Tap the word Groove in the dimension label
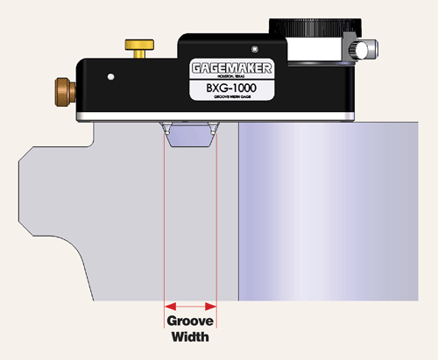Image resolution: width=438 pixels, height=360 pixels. tap(190, 321)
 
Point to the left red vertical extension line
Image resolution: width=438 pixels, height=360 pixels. tap(165, 219)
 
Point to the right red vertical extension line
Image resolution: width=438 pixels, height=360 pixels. tap(215, 219)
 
